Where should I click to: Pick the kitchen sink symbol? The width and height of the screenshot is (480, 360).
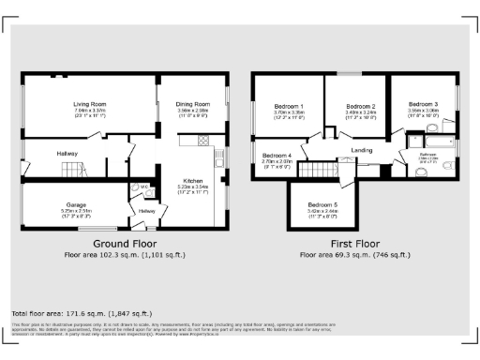click(x=218, y=156)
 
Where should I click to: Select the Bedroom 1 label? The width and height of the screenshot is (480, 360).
click(x=289, y=106)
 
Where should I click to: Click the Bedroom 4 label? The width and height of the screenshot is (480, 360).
click(x=277, y=155)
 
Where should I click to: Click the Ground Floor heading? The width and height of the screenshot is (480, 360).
click(x=125, y=242)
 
